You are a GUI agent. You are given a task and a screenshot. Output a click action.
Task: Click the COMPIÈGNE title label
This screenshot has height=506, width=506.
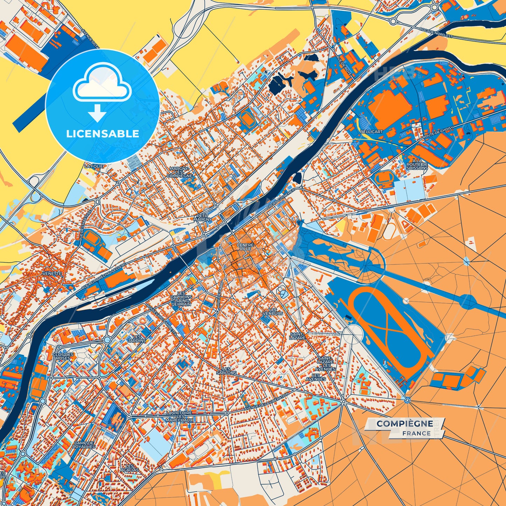click(x=404, y=423)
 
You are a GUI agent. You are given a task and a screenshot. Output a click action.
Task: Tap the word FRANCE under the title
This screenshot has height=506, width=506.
click(x=416, y=433)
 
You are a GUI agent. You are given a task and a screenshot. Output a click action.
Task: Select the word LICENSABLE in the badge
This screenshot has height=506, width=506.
click(x=103, y=134)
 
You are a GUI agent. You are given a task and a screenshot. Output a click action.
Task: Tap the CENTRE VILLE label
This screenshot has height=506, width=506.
click(x=245, y=247)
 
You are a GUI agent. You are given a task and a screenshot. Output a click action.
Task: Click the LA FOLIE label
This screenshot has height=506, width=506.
click(x=94, y=166)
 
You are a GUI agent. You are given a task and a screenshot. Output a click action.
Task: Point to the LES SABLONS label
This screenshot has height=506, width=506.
click(x=226, y=371)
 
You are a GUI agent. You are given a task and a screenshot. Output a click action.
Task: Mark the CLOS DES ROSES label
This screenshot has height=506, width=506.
click(x=63, y=356)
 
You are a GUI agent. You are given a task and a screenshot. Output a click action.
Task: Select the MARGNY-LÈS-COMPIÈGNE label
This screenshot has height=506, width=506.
click(x=181, y=172)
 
